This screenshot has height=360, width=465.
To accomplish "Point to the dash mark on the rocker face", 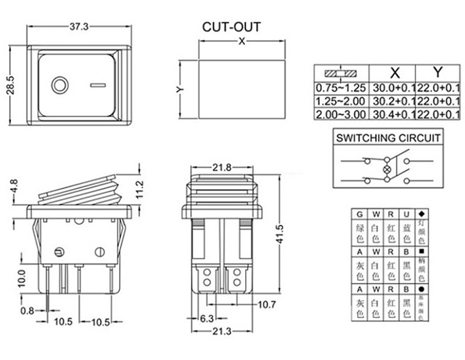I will click(x=98, y=84).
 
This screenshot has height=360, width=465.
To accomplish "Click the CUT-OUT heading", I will click(x=232, y=27).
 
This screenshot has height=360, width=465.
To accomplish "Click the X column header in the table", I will click(x=394, y=72).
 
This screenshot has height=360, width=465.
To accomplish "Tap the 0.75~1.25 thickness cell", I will click(x=340, y=87).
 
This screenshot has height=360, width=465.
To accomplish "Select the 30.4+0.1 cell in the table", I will click(x=394, y=114).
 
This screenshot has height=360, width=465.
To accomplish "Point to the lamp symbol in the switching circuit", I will click(x=387, y=170).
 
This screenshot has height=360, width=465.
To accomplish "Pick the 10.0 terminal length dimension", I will click(x=21, y=278).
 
